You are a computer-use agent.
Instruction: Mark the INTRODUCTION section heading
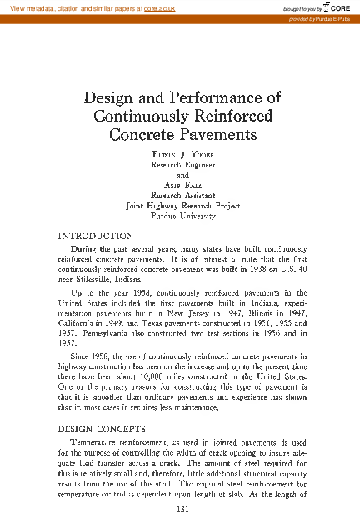[91, 236]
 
